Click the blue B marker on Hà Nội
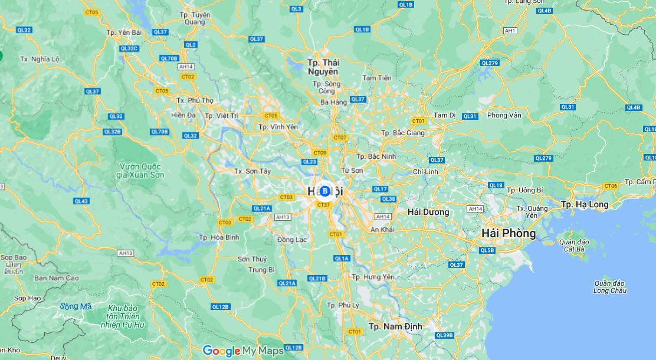[324, 191]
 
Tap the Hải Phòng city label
[509, 233]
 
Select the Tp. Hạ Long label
[584, 204]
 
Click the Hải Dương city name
[428, 212]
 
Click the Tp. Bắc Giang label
[403, 133]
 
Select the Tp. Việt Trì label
[221, 116]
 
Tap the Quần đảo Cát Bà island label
[572, 246]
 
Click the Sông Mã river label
[76, 306]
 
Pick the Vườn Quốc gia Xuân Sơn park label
[140, 171]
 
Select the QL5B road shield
[487, 250]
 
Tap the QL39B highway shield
[444, 335]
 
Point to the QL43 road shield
[81, 201]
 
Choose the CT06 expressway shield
[610, 186]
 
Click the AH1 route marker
[510, 30]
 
